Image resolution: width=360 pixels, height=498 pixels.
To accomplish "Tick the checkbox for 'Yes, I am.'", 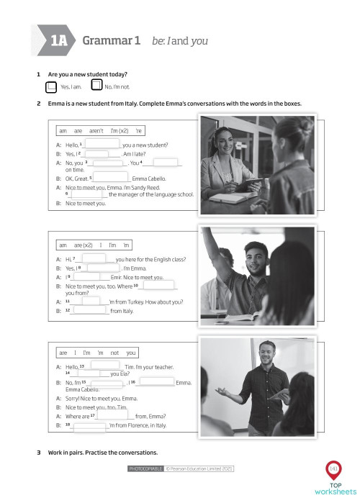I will coord(50,87).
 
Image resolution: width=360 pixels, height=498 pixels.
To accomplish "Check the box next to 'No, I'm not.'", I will coord(96,86).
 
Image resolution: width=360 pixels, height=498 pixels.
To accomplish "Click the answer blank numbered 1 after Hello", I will coord(103,145).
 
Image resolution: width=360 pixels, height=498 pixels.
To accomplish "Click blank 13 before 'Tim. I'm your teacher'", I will coord(104,366).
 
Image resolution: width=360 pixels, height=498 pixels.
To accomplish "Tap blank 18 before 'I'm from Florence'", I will coord(89,425).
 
